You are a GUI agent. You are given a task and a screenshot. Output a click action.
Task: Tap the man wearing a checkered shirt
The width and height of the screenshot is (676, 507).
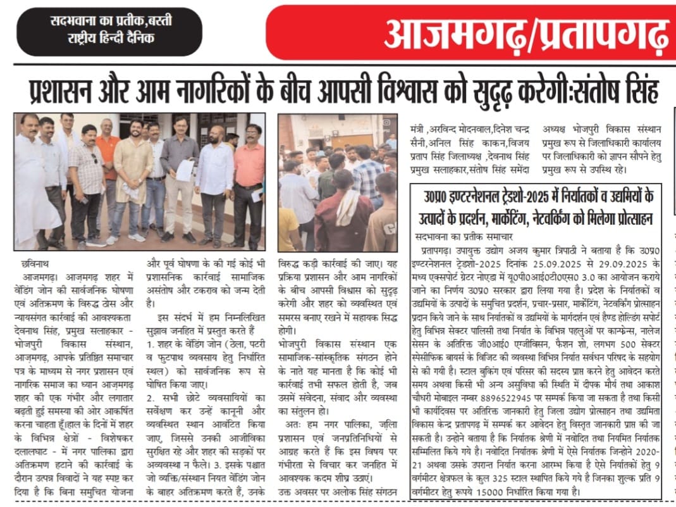(x=87, y=180)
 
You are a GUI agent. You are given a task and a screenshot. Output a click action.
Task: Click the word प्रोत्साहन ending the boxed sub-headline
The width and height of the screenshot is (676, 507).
(x=626, y=219)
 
